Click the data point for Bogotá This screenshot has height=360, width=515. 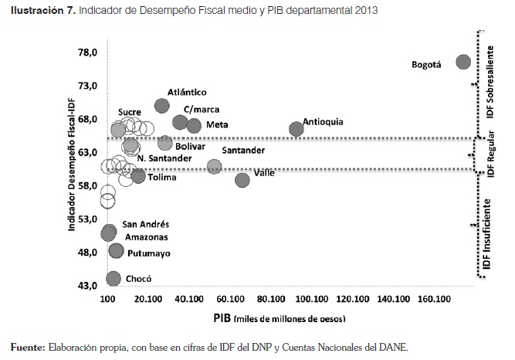(463, 62)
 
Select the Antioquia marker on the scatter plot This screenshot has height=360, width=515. (296, 129)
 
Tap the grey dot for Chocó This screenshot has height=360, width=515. (114, 279)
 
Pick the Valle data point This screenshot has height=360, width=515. (242, 180)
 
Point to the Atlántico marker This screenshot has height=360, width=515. (162, 106)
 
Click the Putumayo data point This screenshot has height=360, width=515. (117, 250)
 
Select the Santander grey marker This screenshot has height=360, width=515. (214, 166)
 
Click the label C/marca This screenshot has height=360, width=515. (200, 110)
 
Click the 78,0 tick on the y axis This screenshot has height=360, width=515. (86, 53)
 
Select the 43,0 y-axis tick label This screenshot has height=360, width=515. (86, 286)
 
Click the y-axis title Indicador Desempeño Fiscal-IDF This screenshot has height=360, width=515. (70, 168)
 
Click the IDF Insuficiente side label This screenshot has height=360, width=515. (487, 233)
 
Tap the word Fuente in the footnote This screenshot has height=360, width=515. (28, 347)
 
